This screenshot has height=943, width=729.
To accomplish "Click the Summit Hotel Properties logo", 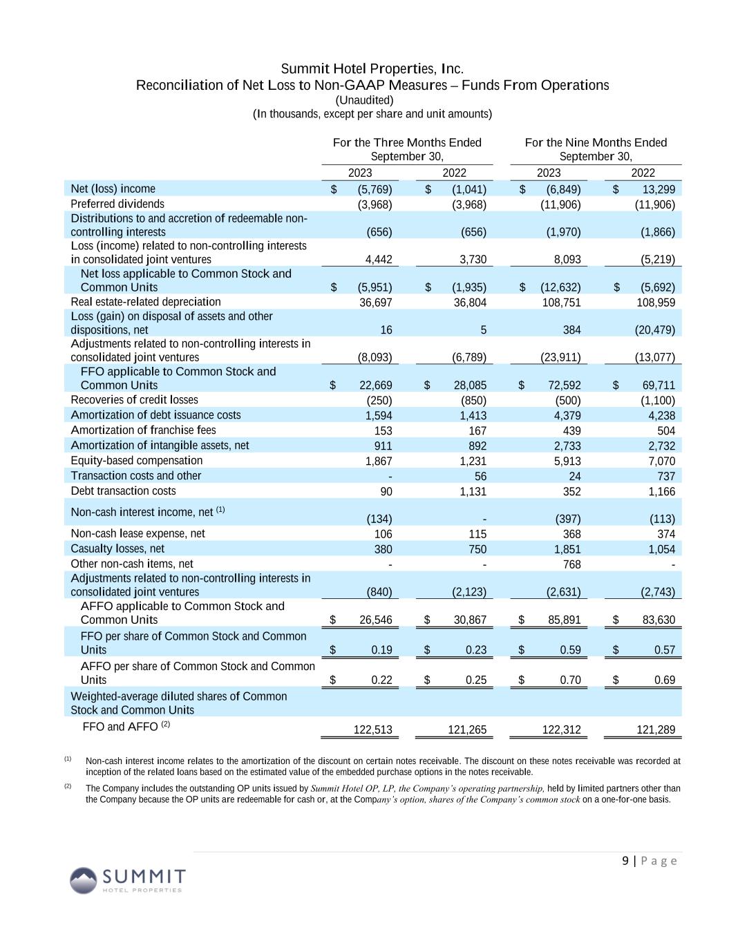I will click(x=127, y=879).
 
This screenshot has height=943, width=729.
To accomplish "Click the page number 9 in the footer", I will click(x=625, y=861).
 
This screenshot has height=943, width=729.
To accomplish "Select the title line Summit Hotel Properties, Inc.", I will click(x=372, y=69).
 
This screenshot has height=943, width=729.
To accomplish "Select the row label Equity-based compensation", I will click(x=137, y=461).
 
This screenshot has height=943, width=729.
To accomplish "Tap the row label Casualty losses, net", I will click(x=117, y=549).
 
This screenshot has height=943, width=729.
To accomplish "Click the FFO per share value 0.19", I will click(x=381, y=650).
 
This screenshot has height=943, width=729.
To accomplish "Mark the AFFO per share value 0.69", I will click(x=664, y=680).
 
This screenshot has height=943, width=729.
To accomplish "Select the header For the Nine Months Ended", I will click(x=596, y=142).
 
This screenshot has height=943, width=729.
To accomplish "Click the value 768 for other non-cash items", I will click(x=571, y=564).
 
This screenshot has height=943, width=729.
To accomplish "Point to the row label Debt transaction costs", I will click(x=123, y=491).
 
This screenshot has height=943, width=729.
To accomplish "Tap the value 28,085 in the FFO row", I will click(x=469, y=385).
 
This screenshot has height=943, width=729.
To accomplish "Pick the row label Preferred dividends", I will click(x=117, y=204).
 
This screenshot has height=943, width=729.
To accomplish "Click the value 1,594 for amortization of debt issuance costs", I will click(x=378, y=415).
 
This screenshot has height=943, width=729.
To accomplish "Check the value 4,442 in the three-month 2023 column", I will click(x=378, y=260).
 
